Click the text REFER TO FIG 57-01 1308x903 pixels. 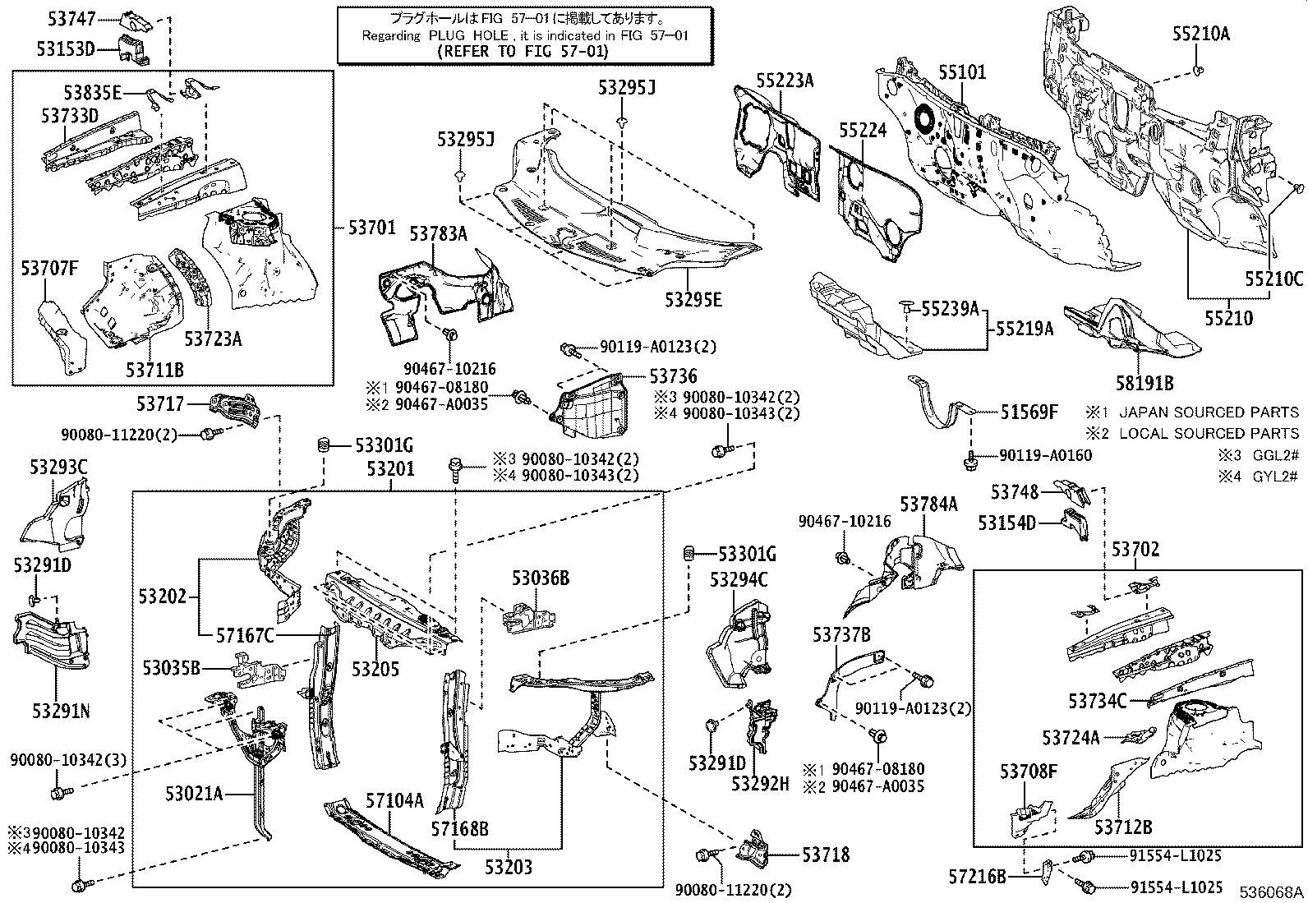tap(523, 52)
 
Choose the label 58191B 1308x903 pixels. tap(1144, 383)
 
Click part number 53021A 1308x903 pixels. tap(194, 794)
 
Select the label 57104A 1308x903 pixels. tap(394, 800)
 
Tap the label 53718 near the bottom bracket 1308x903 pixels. tap(826, 855)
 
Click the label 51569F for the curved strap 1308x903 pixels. tap(1029, 412)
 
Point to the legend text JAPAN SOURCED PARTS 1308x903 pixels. tap(1209, 412)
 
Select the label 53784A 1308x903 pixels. tap(928, 504)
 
